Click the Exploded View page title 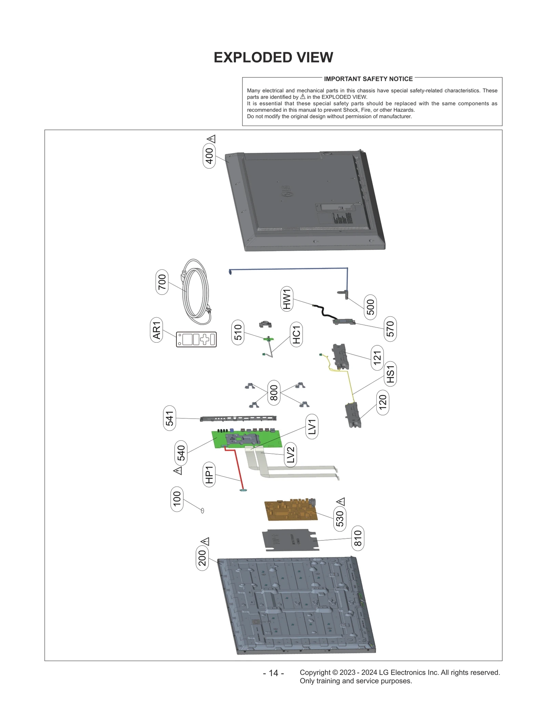click(273, 57)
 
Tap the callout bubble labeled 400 click(209, 156)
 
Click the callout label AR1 click(156, 330)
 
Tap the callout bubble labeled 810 click(358, 538)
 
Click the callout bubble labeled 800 click(274, 393)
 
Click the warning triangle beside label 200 click(204, 542)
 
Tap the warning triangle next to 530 click(341, 502)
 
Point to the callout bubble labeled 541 click(170, 418)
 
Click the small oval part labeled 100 click(202, 510)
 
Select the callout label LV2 click(290, 455)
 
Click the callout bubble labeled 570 click(390, 329)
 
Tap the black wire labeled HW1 click(323, 311)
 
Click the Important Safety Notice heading click(368, 79)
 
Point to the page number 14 click(273, 673)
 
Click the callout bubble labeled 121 click(377, 358)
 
